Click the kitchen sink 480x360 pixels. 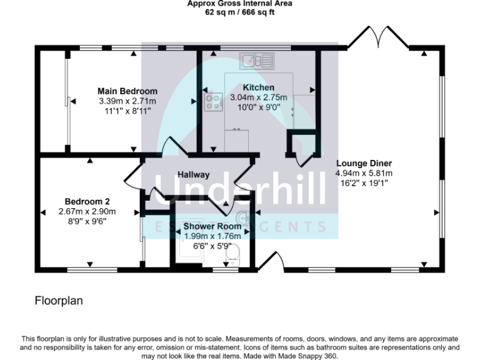pyautogui.click(x=259, y=60)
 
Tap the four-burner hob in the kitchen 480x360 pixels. pyautogui.click(x=213, y=102)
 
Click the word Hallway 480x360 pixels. pyautogui.click(x=193, y=175)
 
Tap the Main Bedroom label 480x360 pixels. pyautogui.click(x=127, y=91)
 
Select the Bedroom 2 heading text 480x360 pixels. pyautogui.click(x=88, y=201)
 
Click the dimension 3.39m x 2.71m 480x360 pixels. pyautogui.click(x=127, y=101)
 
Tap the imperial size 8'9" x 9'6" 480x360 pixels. pyautogui.click(x=88, y=221)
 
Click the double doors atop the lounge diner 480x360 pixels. pyautogui.click(x=377, y=37)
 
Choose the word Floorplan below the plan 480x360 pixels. pyautogui.click(x=59, y=301)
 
